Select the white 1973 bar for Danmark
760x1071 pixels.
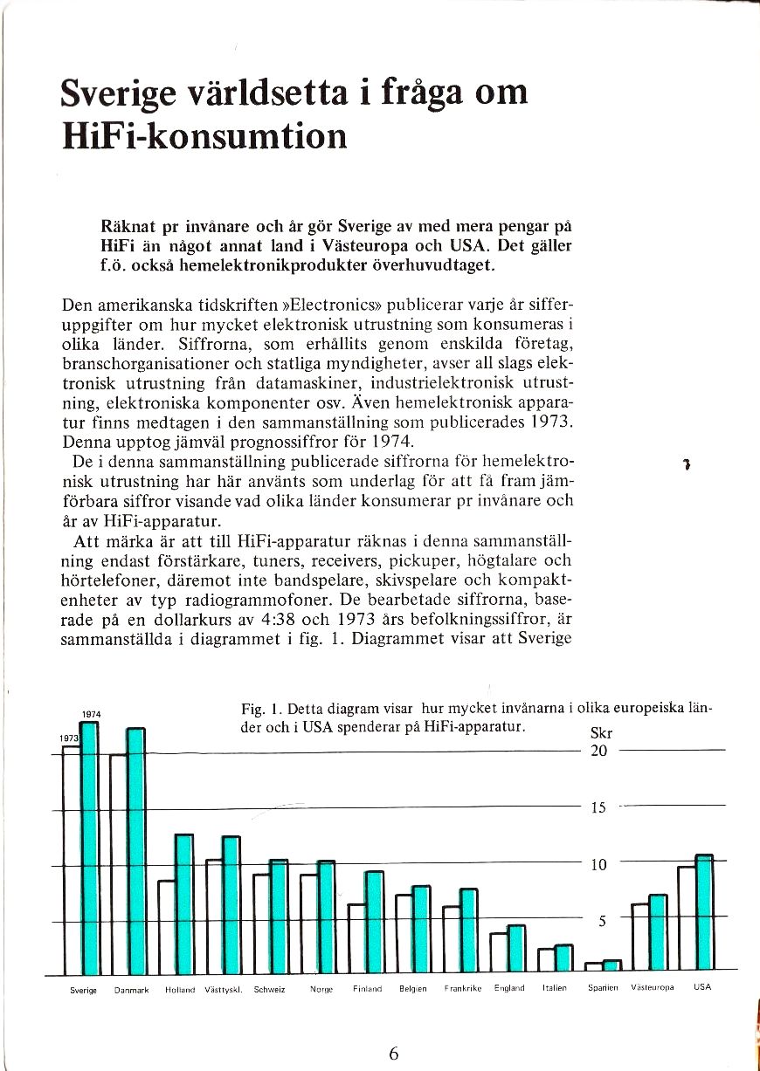pyautogui.click(x=118, y=864)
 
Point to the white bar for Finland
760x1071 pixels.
pyautogui.click(x=356, y=937)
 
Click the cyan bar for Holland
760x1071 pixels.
pyautogui.click(x=184, y=903)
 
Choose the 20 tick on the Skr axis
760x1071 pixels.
pyautogui.click(x=598, y=751)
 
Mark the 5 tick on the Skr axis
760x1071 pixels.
pyautogui.click(x=598, y=919)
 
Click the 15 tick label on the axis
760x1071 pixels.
pyautogui.click(x=598, y=807)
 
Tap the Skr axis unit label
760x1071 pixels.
pyautogui.click(x=602, y=733)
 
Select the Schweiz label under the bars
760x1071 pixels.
pyautogui.click(x=270, y=990)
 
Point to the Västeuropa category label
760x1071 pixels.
pyautogui.click(x=653, y=988)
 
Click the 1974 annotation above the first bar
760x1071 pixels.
pyautogui.click(x=92, y=714)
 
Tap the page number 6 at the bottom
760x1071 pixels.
pyautogui.click(x=393, y=1053)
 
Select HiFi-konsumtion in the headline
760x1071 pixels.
pyautogui.click(x=204, y=136)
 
